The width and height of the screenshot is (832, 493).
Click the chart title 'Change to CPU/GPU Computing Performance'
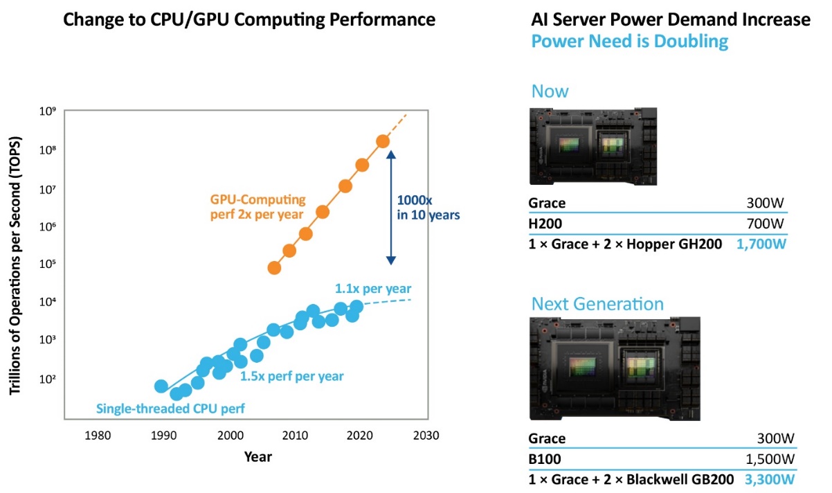(x=249, y=19)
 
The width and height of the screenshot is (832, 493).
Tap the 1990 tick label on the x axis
(x=162, y=436)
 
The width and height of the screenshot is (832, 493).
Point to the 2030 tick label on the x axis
(x=425, y=436)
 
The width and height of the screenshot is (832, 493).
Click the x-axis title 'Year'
(x=257, y=457)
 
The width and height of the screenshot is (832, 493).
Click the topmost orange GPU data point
(x=383, y=141)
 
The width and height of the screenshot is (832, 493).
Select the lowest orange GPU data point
(x=274, y=268)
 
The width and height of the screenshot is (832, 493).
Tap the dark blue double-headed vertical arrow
(x=390, y=207)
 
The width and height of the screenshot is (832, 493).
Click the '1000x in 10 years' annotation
(x=428, y=208)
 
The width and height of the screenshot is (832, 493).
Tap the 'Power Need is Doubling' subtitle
(x=629, y=42)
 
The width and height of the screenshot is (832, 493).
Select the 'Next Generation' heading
(x=597, y=304)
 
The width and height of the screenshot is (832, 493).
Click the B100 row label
(x=545, y=458)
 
